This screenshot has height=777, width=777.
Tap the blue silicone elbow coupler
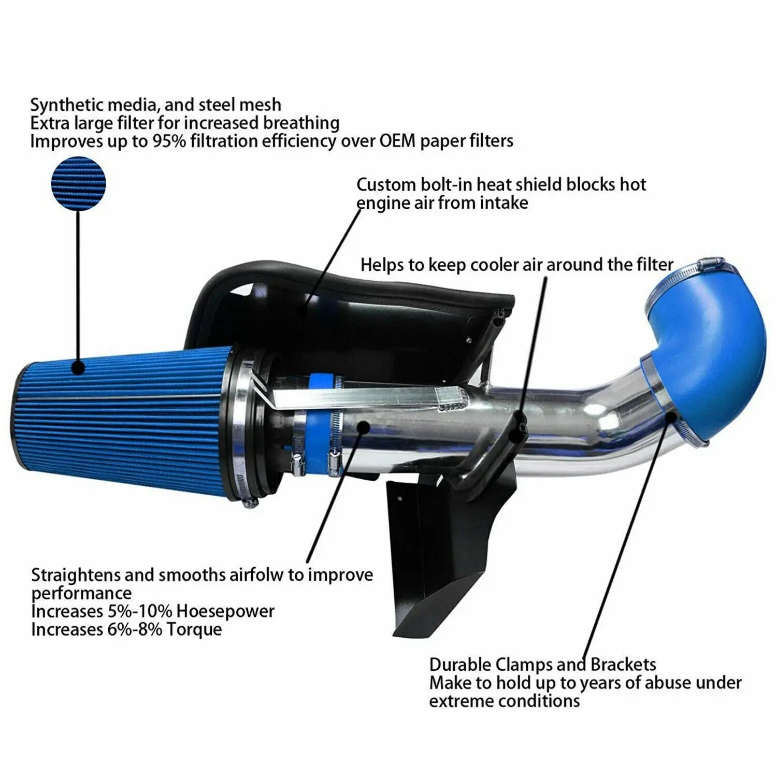710,352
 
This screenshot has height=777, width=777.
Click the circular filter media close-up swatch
78,184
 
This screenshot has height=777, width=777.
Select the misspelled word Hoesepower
225,611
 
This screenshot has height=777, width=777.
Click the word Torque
194,629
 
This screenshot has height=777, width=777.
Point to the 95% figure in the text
168,141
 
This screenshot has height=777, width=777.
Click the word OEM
398,141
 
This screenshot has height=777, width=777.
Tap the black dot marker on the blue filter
78,368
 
